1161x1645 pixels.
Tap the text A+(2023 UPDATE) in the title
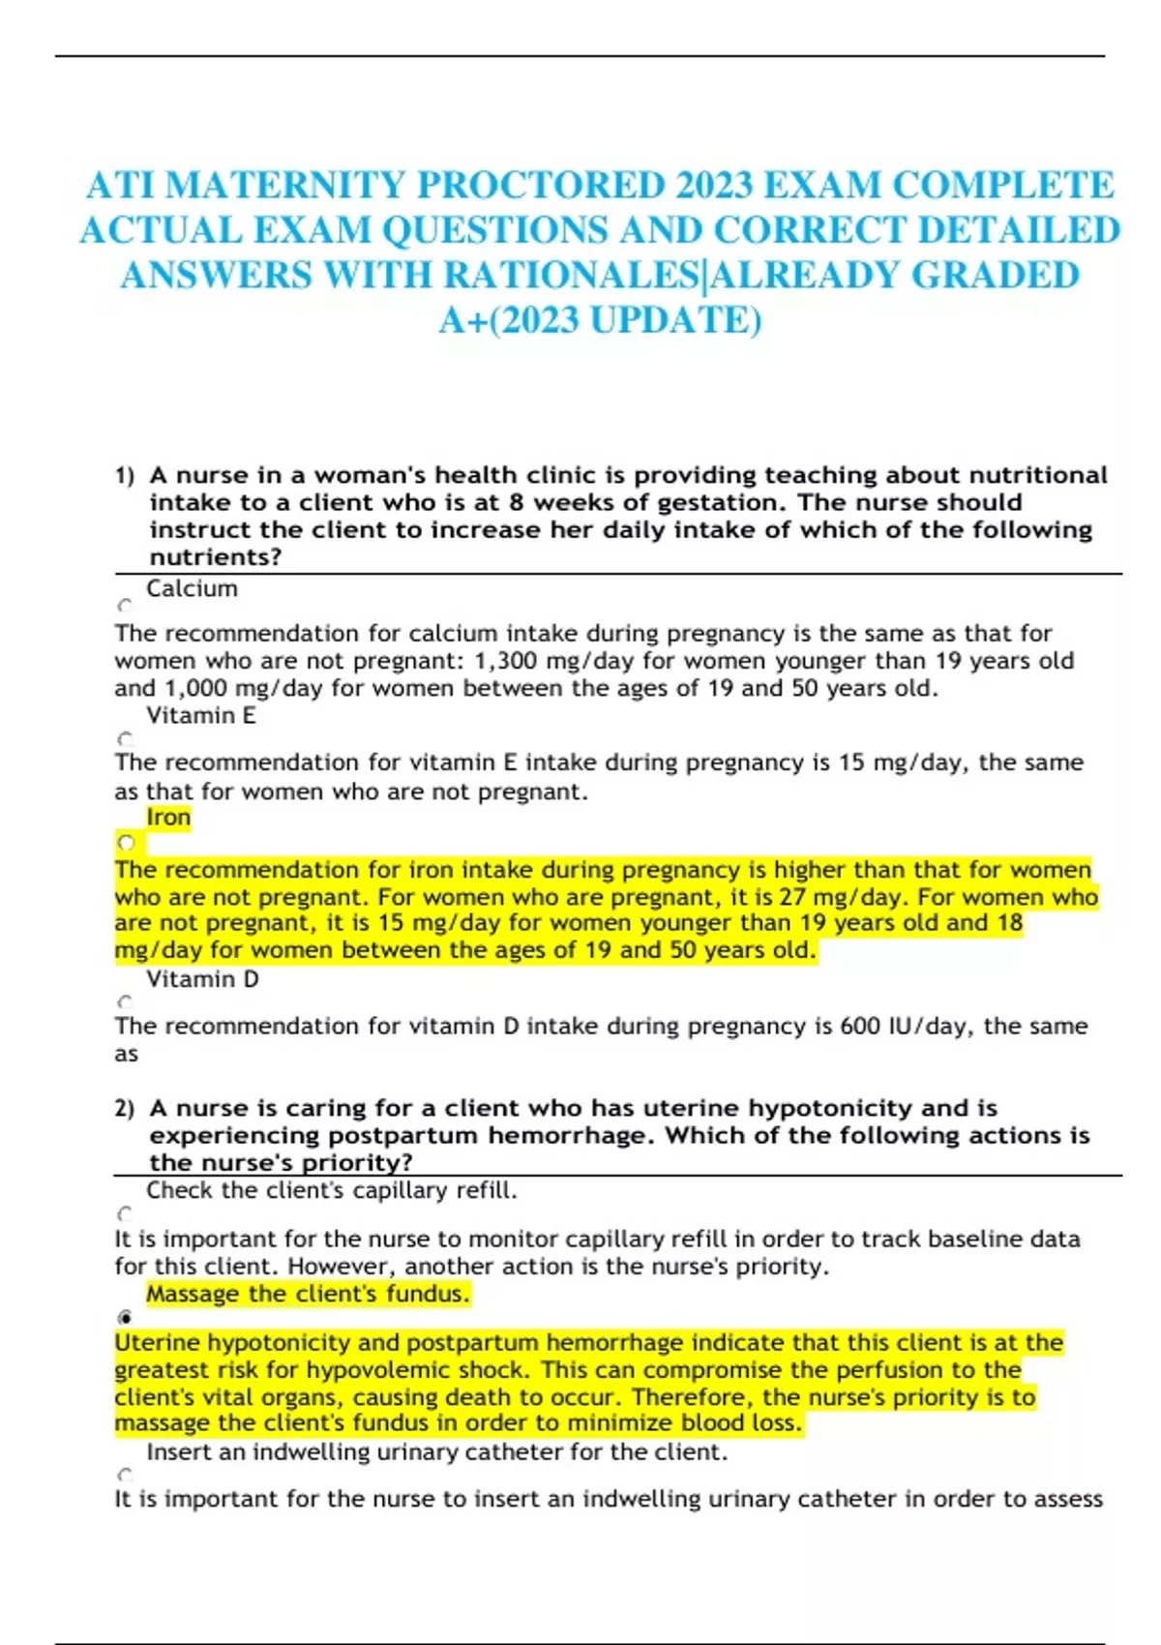point(600,320)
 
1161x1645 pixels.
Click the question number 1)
point(125,476)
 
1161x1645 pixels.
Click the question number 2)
point(125,1109)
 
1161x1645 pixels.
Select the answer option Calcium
point(192,589)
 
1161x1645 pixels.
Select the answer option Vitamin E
point(201,716)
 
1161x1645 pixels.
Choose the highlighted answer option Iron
point(168,818)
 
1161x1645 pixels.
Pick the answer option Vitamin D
point(202,979)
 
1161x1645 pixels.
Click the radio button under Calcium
point(125,607)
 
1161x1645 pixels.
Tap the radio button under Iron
point(126,842)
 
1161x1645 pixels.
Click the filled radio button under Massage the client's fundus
point(125,1317)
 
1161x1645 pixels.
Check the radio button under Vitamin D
point(125,1002)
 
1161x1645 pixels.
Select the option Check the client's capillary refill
point(332,1191)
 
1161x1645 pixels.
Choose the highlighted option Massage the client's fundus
point(308,1295)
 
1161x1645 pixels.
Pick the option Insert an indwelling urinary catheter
point(436,1452)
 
